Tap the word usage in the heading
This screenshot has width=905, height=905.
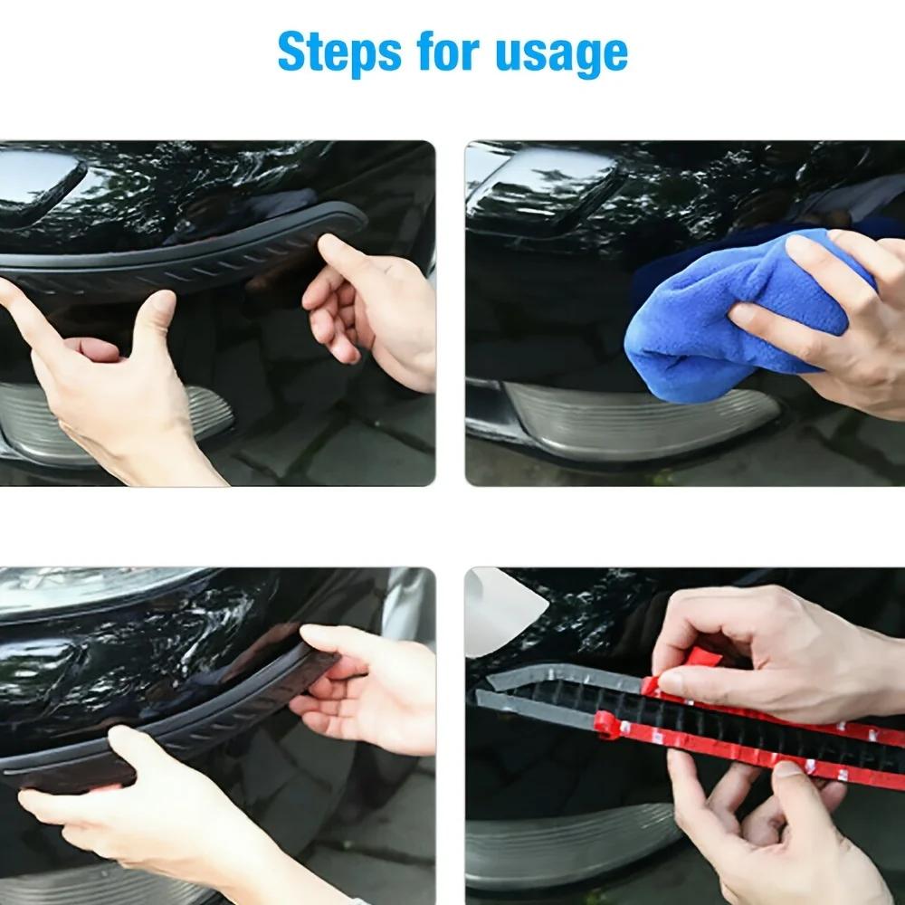561,54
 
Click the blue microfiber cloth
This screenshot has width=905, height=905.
706,308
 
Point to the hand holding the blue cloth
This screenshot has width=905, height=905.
814,317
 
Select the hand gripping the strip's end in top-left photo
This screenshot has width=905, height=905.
371,308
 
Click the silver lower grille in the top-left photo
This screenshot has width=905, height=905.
181,416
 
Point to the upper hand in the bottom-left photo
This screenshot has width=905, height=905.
362,679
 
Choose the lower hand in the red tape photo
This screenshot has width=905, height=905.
769,824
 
